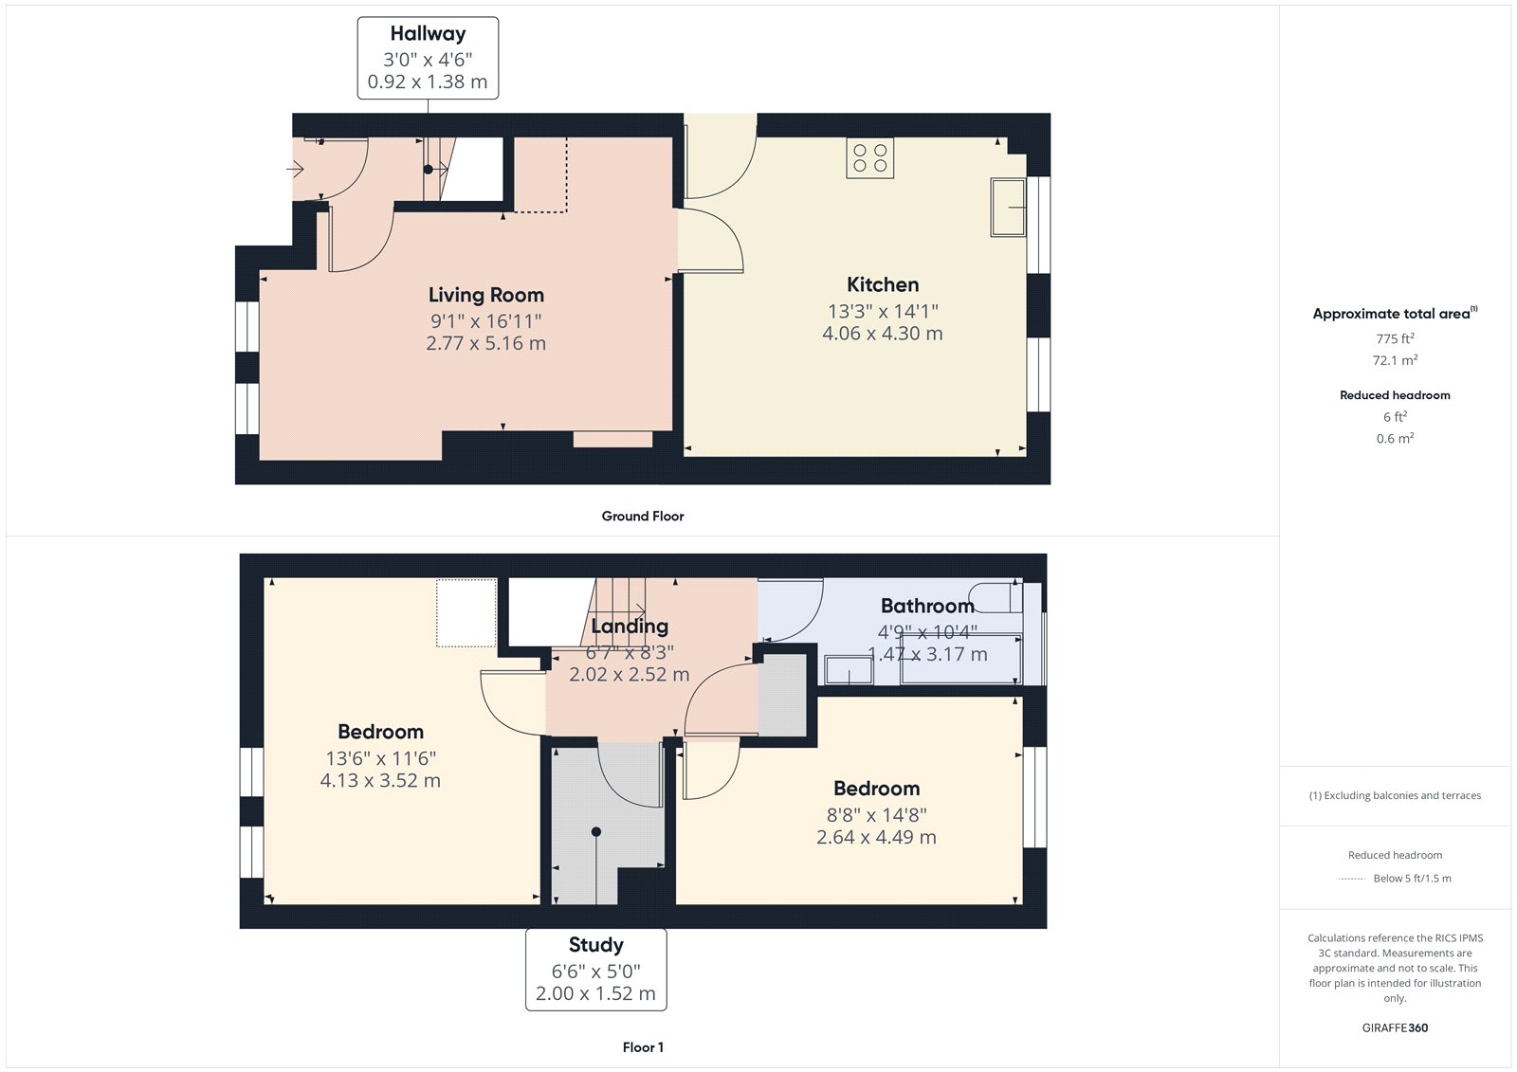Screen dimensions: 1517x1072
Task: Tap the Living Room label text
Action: tap(486, 296)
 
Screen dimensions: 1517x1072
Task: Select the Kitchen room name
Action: tap(883, 284)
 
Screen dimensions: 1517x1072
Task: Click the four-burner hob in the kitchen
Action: tap(870, 158)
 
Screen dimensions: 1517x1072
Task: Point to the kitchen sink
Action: tap(1009, 208)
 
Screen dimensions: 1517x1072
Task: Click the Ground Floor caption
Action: tap(643, 516)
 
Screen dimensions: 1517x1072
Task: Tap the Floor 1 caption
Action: tap(643, 1047)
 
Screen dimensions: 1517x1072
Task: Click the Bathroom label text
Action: tap(927, 606)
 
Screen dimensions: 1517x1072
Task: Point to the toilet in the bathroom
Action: tap(996, 596)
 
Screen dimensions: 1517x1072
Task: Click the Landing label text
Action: tap(630, 627)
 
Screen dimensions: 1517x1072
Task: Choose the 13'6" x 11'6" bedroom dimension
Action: tap(380, 758)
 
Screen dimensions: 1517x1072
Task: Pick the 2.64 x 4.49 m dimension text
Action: tap(876, 837)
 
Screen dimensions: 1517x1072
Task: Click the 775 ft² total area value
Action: tap(1395, 338)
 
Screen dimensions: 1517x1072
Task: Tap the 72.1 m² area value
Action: tap(1395, 360)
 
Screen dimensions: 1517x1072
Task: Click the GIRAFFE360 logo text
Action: tap(1395, 1028)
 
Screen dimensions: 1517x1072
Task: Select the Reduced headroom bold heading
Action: tap(1395, 395)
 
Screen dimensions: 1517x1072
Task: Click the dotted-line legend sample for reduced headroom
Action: tap(1352, 879)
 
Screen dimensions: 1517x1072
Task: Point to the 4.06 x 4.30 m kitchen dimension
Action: tap(883, 334)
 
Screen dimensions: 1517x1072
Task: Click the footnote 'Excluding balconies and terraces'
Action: tap(1402, 795)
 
